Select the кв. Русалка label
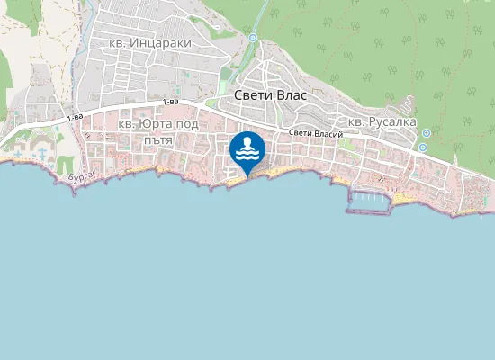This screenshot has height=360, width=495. [x=382, y=121]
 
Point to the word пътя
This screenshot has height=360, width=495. [x=157, y=139]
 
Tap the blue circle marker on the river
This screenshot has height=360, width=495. [x=254, y=38]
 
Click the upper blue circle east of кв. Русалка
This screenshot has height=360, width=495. [x=426, y=133]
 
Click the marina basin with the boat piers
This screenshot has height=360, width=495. [x=369, y=200]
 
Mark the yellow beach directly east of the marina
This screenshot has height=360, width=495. [x=403, y=195]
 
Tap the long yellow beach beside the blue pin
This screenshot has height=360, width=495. [x=274, y=170]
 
